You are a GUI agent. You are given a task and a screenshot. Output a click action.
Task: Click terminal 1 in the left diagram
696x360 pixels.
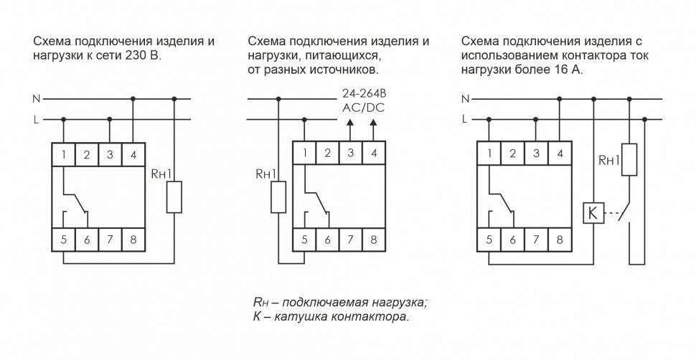pos(64,153)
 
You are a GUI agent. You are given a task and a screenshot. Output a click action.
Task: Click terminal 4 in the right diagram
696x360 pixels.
pos(558,153)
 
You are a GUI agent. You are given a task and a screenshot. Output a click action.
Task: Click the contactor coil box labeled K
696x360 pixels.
pos(592,214)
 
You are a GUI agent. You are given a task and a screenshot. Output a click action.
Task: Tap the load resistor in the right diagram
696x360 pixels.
pos(629,159)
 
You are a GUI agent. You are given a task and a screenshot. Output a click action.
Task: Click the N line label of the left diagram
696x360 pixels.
pos(36,99)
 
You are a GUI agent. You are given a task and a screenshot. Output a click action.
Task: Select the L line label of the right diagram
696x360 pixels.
pos(466,119)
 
